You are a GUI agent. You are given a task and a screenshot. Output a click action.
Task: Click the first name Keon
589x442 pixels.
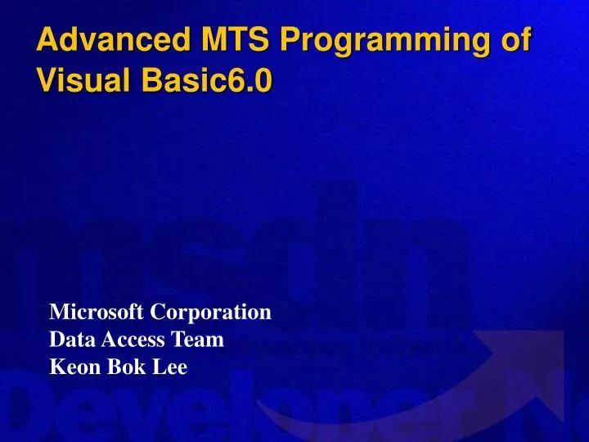(x=71, y=368)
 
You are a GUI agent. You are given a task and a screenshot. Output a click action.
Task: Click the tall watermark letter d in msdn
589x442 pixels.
(x=327, y=237)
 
